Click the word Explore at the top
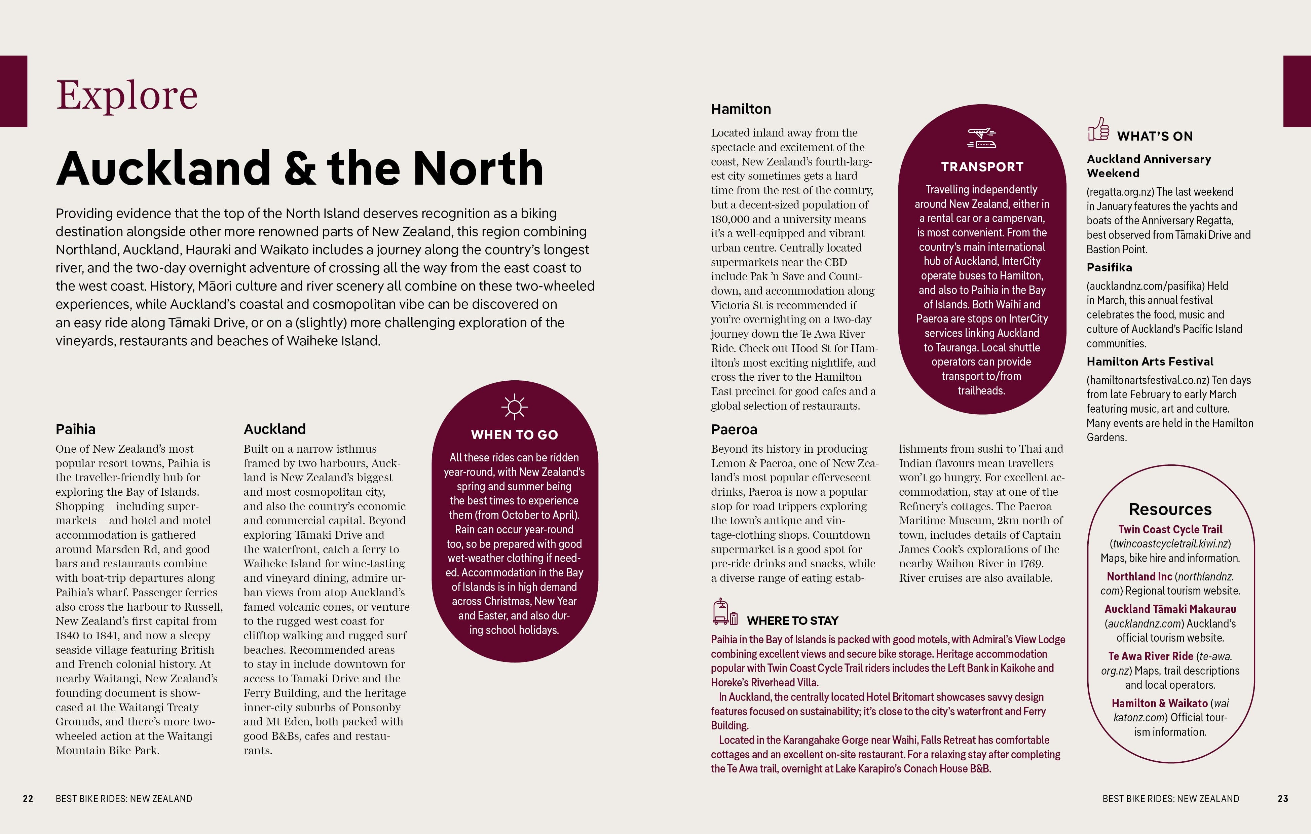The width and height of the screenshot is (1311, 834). pyautogui.click(x=126, y=95)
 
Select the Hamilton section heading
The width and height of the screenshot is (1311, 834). pyautogui.click(x=741, y=109)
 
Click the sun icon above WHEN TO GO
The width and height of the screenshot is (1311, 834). pyautogui.click(x=515, y=407)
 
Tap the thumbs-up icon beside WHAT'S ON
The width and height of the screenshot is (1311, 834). pyautogui.click(x=1098, y=129)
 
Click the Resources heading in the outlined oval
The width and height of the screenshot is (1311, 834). pyautogui.click(x=1170, y=509)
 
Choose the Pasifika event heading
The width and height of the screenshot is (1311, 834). pyautogui.click(x=1109, y=267)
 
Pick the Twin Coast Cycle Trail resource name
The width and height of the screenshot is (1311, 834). pyautogui.click(x=1170, y=529)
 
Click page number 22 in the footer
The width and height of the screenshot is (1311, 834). pyautogui.click(x=28, y=799)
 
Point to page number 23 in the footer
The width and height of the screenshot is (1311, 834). pyautogui.click(x=1283, y=799)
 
